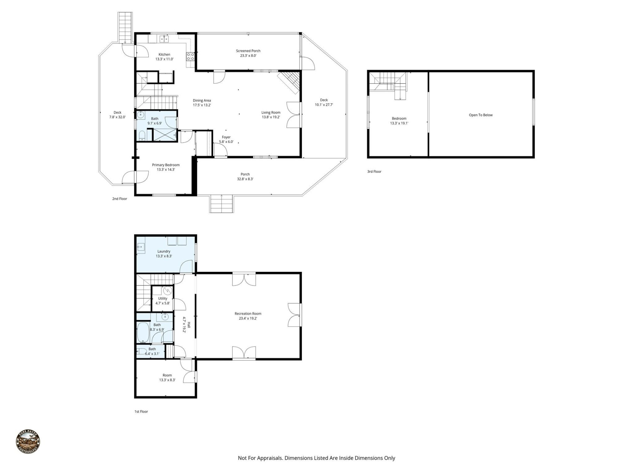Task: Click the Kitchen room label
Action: pos(164,55)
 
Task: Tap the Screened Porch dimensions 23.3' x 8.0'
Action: pos(248,56)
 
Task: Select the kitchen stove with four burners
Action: pos(190,56)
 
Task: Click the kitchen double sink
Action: pos(164,39)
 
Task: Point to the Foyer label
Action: pos(226,137)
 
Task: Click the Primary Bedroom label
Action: pos(166,165)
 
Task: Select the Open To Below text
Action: pos(480,115)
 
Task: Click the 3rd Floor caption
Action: pos(374,171)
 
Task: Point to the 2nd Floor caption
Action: pos(119,199)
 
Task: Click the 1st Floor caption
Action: pos(141,411)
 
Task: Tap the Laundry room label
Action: pos(164,251)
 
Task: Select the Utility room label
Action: pos(163,299)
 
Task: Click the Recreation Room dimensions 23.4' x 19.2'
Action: pos(248,318)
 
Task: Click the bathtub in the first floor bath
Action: pos(143,333)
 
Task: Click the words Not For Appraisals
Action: pos(260,458)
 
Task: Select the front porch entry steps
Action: pos(222,204)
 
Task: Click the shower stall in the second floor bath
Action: pos(165,135)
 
